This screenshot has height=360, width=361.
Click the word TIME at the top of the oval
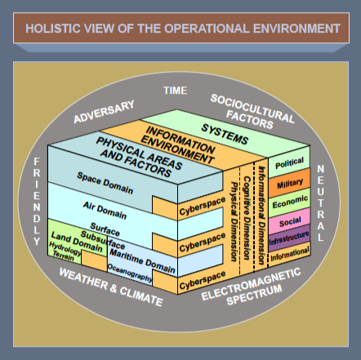pyautogui.click(x=175, y=91)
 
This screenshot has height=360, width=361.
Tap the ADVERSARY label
pyautogui.click(x=105, y=112)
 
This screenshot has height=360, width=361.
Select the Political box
pyautogui.click(x=289, y=162)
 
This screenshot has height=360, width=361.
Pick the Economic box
pyautogui.click(x=290, y=202)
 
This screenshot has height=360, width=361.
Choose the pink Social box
pyautogui.click(x=290, y=221)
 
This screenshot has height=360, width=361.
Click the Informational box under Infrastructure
pyautogui.click(x=289, y=254)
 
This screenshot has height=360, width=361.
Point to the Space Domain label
pyautogui.click(x=105, y=183)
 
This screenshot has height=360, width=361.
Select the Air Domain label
pyautogui.click(x=105, y=211)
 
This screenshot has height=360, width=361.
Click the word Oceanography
pyautogui.click(x=130, y=273)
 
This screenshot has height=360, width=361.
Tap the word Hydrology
pyautogui.click(x=65, y=248)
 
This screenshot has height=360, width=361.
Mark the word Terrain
pyautogui.click(x=63, y=256)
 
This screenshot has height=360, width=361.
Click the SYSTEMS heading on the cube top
pyautogui.click(x=225, y=134)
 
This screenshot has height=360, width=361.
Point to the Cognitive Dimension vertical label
pyautogui.click(x=247, y=218)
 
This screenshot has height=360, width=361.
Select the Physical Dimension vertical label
pyautogui.click(x=234, y=222)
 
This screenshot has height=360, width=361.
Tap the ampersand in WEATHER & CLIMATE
pyautogui.click(x=114, y=288)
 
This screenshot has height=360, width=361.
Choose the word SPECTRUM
pyautogui.click(x=255, y=295)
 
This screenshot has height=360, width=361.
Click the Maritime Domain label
pyautogui.click(x=142, y=261)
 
